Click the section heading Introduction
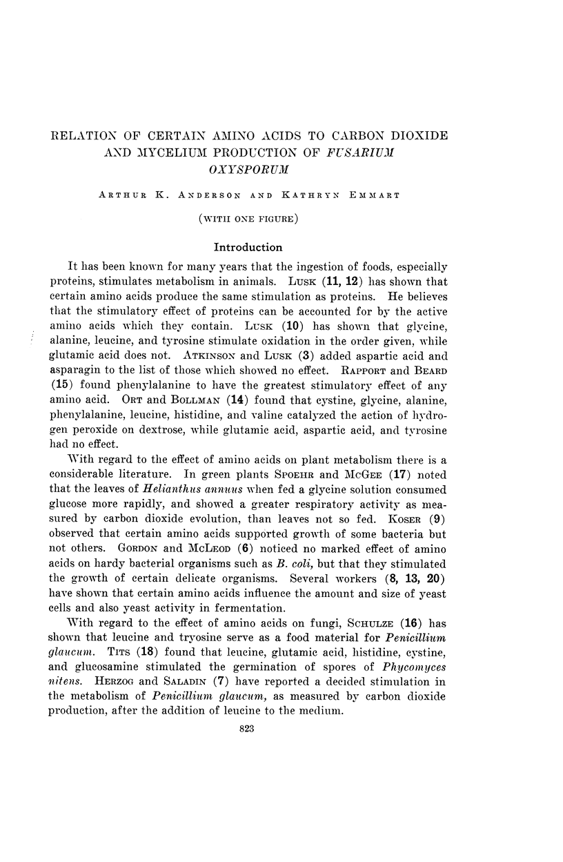pos(248,246)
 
